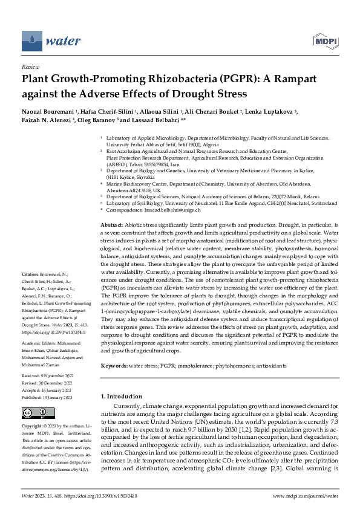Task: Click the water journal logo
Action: click(51, 41)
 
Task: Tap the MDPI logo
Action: click(325, 41)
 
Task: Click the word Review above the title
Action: click(30, 67)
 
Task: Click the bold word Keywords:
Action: click(117, 366)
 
